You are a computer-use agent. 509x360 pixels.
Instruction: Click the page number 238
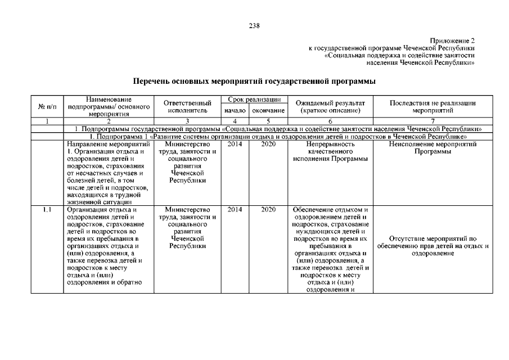254,25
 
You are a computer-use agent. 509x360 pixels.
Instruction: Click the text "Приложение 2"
452,41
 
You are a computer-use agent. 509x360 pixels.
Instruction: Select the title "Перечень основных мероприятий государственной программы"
254,82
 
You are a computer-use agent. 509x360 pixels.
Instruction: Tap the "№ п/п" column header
47,106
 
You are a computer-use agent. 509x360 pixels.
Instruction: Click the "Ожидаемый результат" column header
330,106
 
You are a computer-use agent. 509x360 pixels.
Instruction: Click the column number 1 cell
47,121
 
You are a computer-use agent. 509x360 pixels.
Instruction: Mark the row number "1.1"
47,210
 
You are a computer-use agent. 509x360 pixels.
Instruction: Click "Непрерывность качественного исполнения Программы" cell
330,151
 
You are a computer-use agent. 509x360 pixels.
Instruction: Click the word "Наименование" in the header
109,100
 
